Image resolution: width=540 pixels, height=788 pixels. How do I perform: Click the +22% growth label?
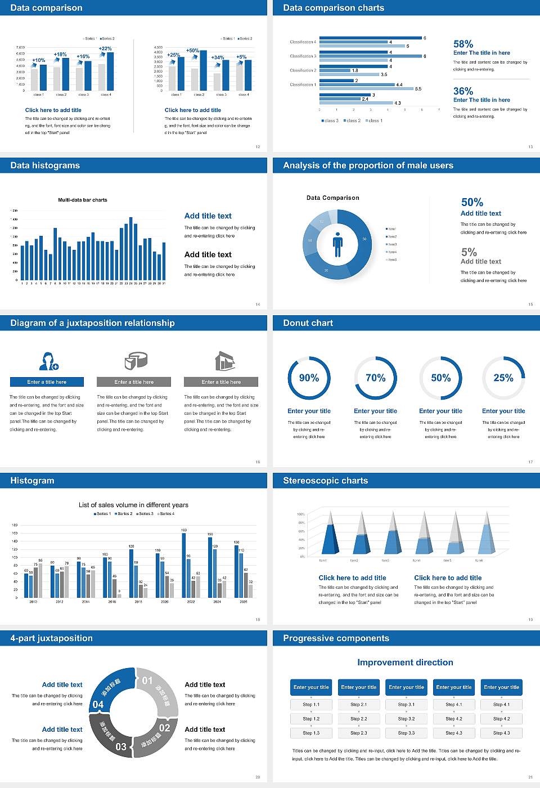105,49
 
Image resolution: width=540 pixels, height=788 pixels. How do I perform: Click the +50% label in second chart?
192,51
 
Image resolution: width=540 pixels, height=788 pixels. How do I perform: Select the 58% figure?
463,44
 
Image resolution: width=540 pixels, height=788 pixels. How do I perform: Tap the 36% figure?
463,91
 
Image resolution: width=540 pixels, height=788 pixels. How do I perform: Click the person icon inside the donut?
337,244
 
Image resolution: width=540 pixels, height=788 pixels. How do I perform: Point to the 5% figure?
469,252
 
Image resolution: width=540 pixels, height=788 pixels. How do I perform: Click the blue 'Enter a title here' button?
47,382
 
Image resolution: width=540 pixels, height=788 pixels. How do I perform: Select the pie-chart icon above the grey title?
135,360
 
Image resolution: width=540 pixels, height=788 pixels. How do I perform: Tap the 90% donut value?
309,378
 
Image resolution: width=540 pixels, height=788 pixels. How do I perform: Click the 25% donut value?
503,378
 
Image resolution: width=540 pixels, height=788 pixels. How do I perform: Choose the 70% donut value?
375,378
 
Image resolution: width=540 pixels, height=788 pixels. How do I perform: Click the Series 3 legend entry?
145,513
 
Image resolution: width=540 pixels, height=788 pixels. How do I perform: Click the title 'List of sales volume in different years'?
133,505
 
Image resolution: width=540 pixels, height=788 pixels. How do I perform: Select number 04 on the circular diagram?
98,705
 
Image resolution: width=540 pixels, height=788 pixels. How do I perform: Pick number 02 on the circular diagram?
164,728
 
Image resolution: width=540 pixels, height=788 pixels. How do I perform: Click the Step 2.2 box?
359,718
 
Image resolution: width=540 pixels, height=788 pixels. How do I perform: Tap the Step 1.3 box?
311,732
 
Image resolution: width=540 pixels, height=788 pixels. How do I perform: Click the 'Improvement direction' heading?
405,662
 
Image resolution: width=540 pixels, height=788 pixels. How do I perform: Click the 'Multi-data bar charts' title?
83,200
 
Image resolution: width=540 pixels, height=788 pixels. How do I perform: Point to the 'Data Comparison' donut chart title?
332,198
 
